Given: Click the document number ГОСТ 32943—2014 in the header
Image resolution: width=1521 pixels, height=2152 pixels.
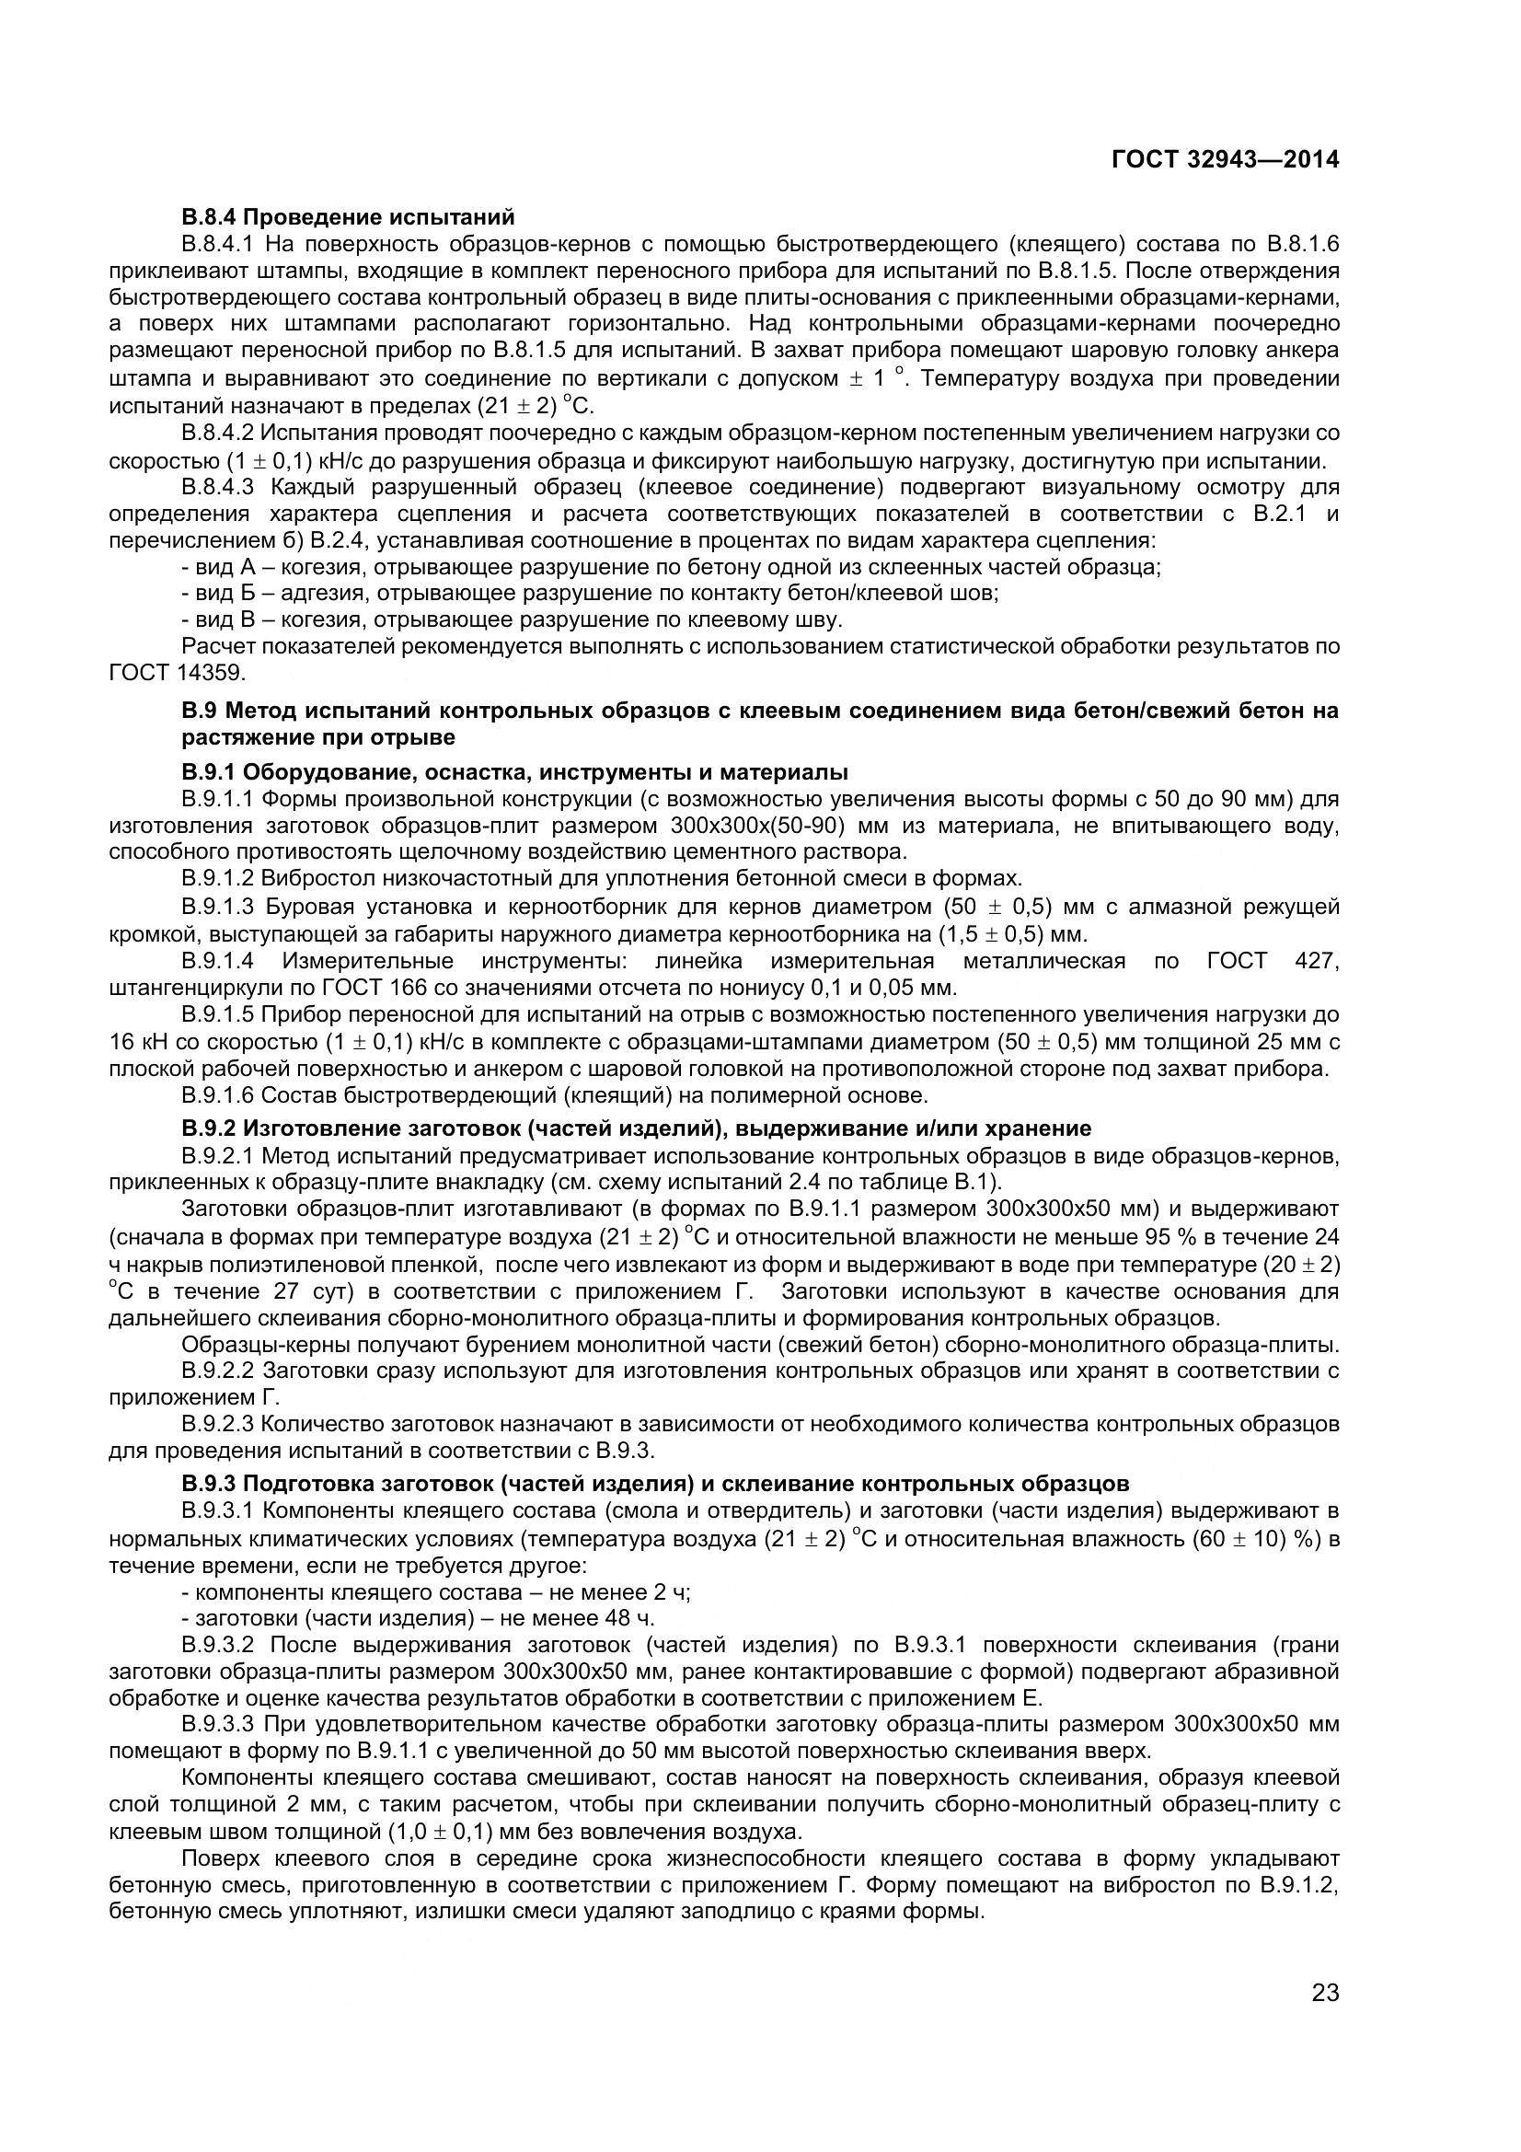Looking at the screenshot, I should click(x=1225, y=160).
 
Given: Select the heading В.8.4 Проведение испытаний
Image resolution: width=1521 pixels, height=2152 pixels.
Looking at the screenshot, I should click(x=348, y=217).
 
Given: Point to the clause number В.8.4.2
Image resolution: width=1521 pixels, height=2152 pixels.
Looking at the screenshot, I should click(x=217, y=433).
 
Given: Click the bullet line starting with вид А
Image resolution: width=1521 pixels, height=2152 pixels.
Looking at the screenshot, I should click(x=670, y=567).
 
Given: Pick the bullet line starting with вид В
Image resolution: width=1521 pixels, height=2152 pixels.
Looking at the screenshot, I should click(x=512, y=619).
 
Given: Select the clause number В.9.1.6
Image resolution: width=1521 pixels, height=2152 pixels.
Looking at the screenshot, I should click(x=217, y=1094).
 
